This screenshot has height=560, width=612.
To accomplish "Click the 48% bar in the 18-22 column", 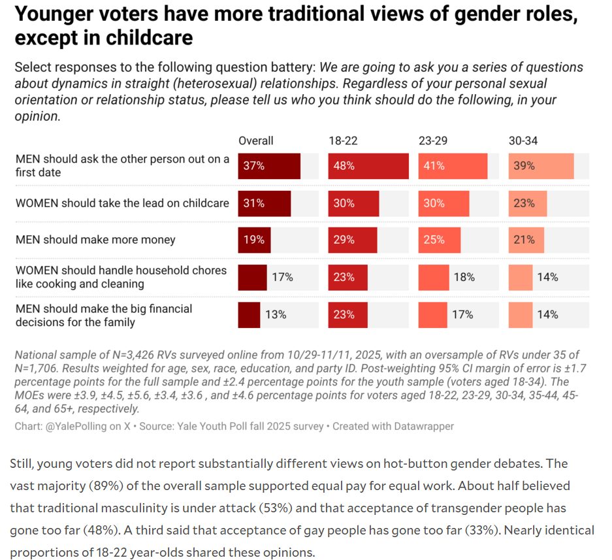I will click(x=368, y=166).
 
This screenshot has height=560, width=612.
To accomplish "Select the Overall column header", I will click(x=256, y=140).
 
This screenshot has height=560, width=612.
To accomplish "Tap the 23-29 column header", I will click(x=433, y=140).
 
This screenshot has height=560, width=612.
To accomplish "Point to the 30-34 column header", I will click(x=523, y=140).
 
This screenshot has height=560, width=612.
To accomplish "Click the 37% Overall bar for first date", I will click(x=269, y=166).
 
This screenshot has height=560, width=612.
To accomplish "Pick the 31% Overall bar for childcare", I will click(x=264, y=203).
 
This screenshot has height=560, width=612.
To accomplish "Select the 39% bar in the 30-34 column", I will click(x=541, y=166).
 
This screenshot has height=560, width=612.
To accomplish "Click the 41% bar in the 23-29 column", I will click(x=453, y=166).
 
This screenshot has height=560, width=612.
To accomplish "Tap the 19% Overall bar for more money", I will click(x=254, y=240).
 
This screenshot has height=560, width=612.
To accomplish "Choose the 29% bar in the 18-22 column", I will click(x=353, y=240).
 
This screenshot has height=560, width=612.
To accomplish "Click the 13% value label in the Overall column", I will click(x=276, y=314).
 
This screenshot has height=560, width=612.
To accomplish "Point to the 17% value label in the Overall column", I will click(x=282, y=277).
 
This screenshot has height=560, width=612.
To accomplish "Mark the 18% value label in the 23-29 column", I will click(x=464, y=277).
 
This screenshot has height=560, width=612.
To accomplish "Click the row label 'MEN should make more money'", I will click(x=95, y=240).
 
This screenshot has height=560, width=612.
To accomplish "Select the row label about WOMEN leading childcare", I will click(x=122, y=203).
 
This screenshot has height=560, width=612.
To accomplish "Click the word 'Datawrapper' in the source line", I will click(x=424, y=426).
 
